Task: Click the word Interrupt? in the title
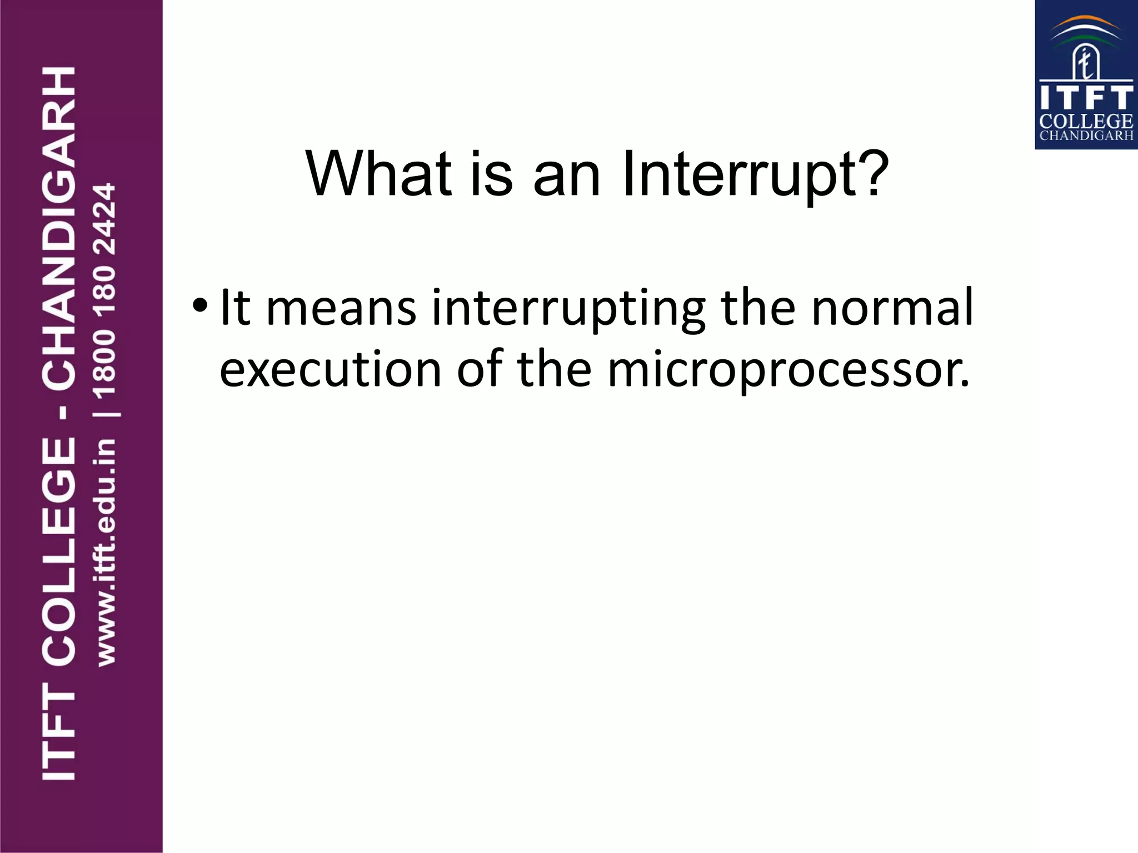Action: (x=756, y=175)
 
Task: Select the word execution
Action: (x=331, y=369)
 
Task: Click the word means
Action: (x=341, y=309)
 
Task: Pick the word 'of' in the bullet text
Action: (x=480, y=369)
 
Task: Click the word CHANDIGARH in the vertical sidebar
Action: (x=58, y=228)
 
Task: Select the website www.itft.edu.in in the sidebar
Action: (x=106, y=553)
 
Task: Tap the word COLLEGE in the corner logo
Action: (x=1086, y=121)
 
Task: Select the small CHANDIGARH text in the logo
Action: (x=1086, y=136)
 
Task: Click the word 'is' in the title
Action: (x=492, y=175)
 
